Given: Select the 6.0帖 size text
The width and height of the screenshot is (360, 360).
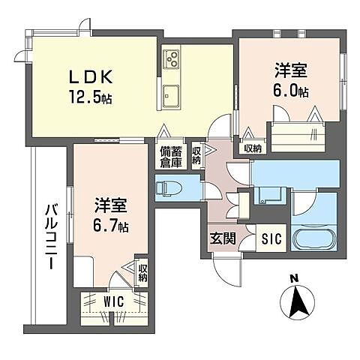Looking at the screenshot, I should pyautogui.click(x=291, y=91).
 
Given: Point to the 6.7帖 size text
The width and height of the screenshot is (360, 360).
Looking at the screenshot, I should pyautogui.click(x=111, y=224).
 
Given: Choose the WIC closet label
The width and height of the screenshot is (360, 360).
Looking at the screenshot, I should pyautogui.click(x=114, y=301).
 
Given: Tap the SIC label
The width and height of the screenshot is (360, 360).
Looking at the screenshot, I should pyautogui.click(x=270, y=241).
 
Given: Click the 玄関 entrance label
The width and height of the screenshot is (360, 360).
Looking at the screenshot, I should pyautogui.click(x=222, y=241).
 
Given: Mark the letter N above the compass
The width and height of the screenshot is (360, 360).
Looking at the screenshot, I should pyautogui.click(x=294, y=279).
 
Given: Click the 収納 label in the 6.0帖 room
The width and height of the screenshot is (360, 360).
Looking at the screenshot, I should pyautogui.click(x=253, y=148).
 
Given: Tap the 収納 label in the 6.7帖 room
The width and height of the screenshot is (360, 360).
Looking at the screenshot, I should pyautogui.click(x=142, y=271).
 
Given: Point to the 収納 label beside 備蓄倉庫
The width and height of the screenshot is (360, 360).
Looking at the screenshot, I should pyautogui.click(x=196, y=154).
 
